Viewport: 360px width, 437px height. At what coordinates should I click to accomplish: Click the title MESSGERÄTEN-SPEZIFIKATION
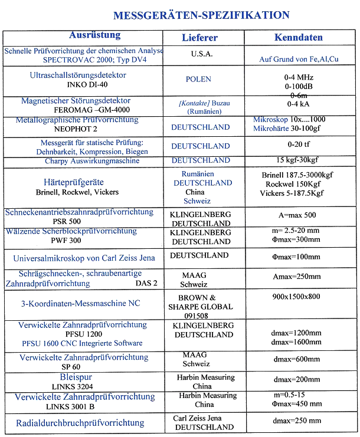coord(201,15)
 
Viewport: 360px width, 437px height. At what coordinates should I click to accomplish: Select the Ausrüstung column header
coord(94,35)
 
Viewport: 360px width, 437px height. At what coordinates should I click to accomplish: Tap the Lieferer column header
coord(199,38)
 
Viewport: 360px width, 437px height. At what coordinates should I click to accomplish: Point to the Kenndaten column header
coord(299,38)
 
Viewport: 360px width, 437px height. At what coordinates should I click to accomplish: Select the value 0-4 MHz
coord(298,77)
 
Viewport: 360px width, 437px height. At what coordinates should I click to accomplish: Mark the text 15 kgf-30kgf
coord(299,160)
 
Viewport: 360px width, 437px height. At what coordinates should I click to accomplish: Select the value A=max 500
coord(299,215)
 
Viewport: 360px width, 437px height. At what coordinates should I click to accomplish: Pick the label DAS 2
coord(146,284)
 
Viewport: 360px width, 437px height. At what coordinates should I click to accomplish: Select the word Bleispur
coord(76,377)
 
